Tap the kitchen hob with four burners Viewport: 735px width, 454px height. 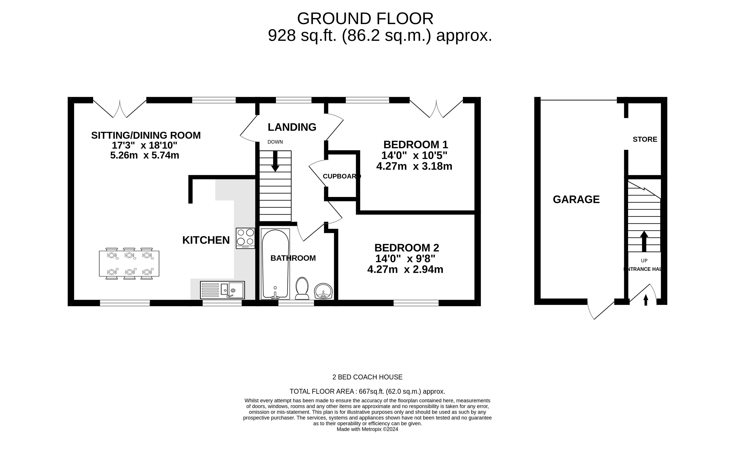coord(245,238)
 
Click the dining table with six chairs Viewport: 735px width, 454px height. coord(129,263)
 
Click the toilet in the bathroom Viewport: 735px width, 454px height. coord(302,288)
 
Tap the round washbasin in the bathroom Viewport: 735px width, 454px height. coord(323,291)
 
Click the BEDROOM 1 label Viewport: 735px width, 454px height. coord(415,145)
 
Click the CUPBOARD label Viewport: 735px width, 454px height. coord(341,176)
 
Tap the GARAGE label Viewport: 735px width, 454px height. coord(576,199)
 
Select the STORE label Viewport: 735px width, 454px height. coord(645,139)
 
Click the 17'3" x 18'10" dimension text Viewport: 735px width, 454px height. coord(144,145)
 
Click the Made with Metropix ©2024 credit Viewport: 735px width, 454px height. coord(367,429)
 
